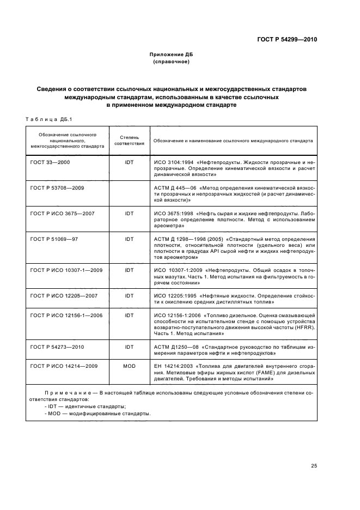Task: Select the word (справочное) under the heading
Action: pos(171,62)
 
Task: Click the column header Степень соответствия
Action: pos(129,140)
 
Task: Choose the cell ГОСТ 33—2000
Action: pos(50,162)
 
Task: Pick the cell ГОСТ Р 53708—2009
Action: pos(57,187)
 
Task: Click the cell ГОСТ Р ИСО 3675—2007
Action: pos(62,213)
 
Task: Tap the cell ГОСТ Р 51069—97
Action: pos(54,239)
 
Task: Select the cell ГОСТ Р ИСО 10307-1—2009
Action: pos(66,270)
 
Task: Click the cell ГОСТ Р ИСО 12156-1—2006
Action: pos(66,315)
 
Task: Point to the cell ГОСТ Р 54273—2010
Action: pos(57,347)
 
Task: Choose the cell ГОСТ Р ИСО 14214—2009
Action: pos(64,366)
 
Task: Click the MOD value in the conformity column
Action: pos(129,366)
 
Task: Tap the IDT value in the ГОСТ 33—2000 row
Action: pos(129,162)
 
